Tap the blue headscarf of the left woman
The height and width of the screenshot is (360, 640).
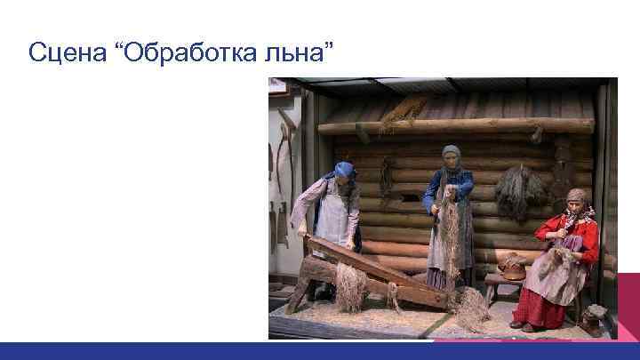tap(344, 170)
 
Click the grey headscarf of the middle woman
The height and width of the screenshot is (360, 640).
tap(452, 153)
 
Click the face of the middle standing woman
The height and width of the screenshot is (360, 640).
tap(451, 162)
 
